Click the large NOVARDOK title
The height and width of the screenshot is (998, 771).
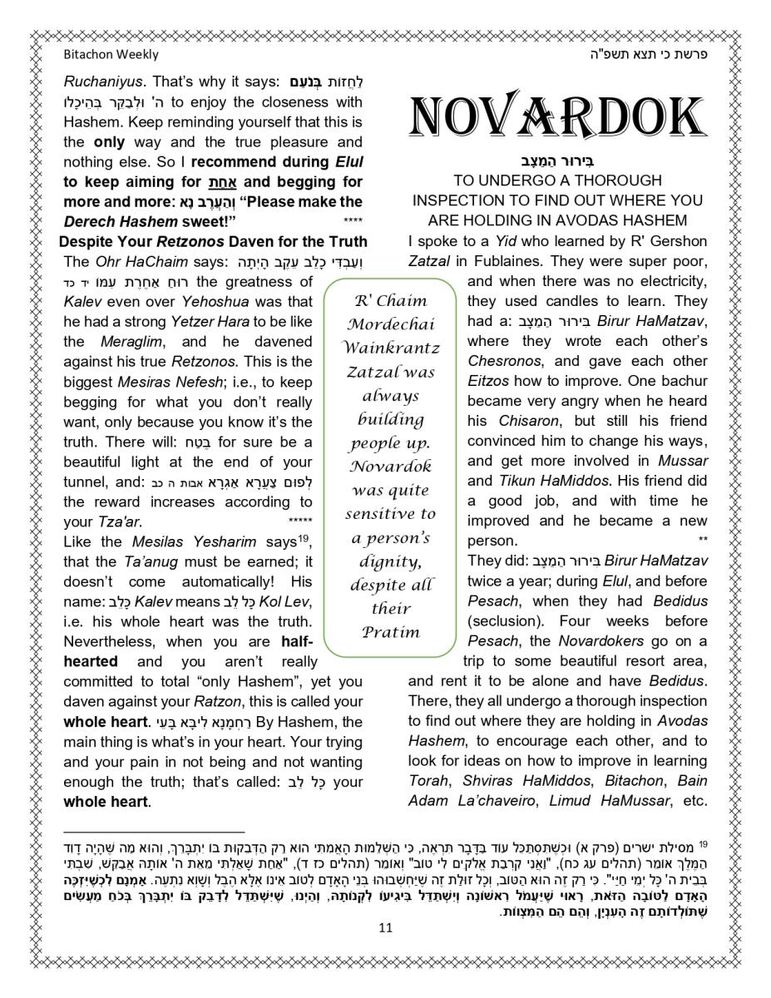pyautogui.click(x=558, y=116)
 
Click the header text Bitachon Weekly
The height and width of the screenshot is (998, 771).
pyautogui.click(x=111, y=55)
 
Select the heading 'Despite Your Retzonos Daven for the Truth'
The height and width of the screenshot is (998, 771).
pyautogui.click(x=213, y=242)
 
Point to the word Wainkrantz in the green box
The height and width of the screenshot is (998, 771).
pyautogui.click(x=391, y=348)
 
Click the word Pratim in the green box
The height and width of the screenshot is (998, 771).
pyautogui.click(x=391, y=631)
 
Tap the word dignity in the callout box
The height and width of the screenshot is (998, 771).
pyautogui.click(x=390, y=561)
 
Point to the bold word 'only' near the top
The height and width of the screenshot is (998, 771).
pyautogui.click(x=109, y=142)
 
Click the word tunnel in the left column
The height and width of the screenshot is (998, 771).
pyautogui.click(x=83, y=482)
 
